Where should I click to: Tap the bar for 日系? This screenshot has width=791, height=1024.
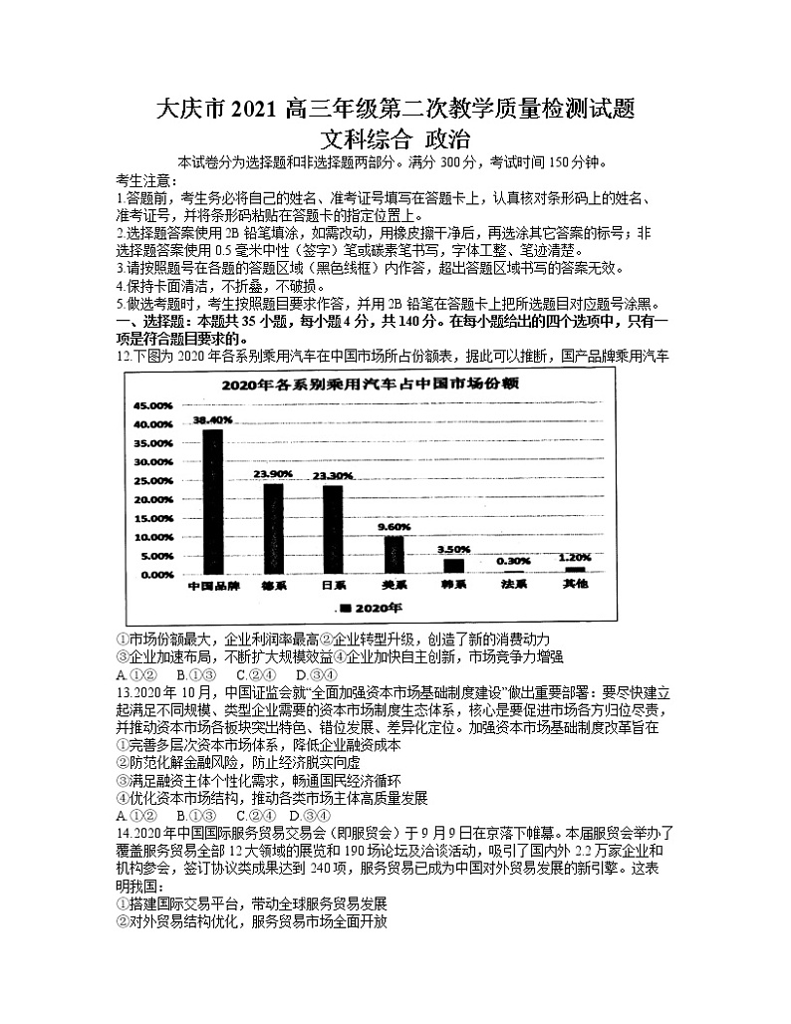pos(332,530)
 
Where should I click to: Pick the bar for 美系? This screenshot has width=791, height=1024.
pos(395,555)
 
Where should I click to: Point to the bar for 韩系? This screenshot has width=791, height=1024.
pos(453,566)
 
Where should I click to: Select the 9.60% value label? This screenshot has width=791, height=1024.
pos(395,525)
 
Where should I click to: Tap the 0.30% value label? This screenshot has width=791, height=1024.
pos(514,562)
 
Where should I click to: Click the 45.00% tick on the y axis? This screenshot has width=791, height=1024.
pos(152,405)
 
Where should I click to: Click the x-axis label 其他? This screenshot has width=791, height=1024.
pos(575,585)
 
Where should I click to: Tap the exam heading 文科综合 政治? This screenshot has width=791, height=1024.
pos(395,139)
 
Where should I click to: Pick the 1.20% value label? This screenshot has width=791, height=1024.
pos(575,558)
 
